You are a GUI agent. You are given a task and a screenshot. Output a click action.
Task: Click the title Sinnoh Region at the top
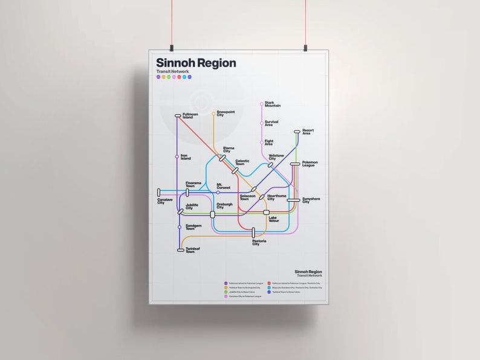pos(196,63)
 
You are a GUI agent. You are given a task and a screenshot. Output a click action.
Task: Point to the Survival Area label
pos(271,123)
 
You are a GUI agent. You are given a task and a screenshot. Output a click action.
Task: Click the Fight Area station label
pos(269,143)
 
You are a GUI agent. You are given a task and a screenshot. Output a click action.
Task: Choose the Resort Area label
pos(308,132)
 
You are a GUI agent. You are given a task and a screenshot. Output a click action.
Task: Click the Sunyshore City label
pos(310,201)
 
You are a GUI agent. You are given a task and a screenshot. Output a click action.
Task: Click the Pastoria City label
pos(260,243)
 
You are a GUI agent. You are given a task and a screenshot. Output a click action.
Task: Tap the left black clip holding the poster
pos(172,45)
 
